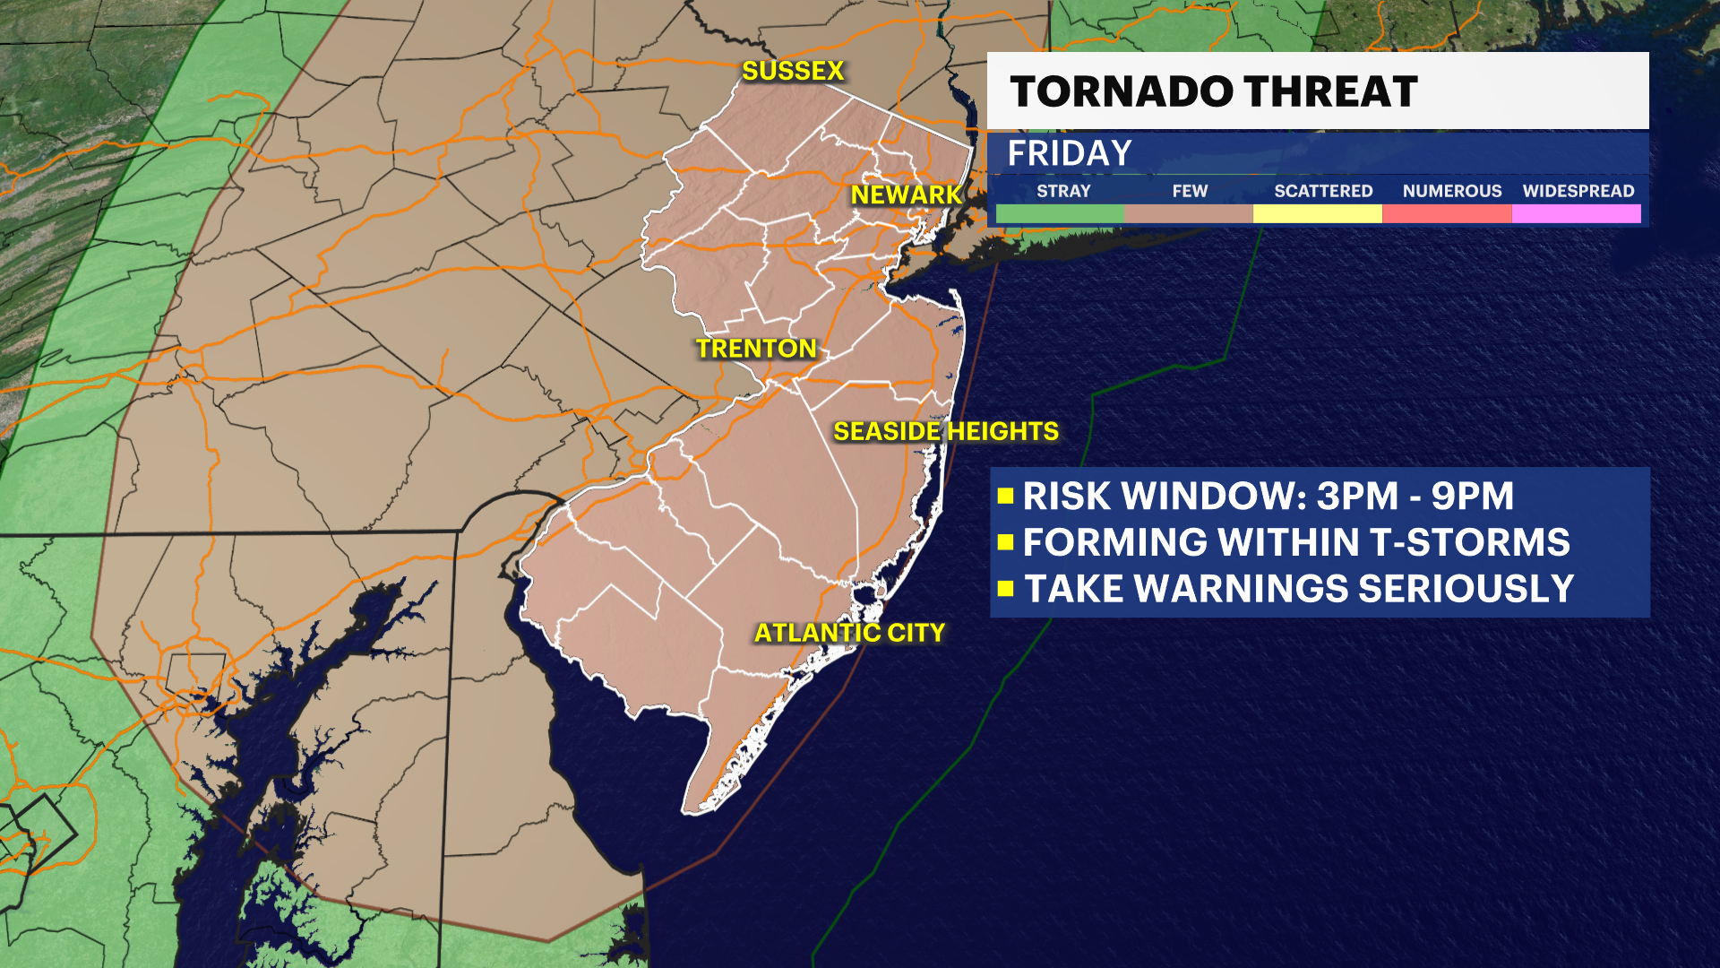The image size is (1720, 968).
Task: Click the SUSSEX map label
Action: pyautogui.click(x=793, y=71)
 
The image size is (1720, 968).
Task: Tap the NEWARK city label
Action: pyautogui.click(x=905, y=194)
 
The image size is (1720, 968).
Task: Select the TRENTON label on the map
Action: pyautogui.click(x=756, y=349)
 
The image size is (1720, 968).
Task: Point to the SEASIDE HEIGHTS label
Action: pyautogui.click(x=946, y=431)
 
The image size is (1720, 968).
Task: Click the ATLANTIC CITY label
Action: pyautogui.click(x=849, y=633)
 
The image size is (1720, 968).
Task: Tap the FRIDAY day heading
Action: pyautogui.click(x=1070, y=153)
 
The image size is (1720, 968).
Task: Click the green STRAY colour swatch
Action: pyautogui.click(x=1060, y=213)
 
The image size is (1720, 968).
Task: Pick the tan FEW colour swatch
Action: pyautogui.click(x=1189, y=213)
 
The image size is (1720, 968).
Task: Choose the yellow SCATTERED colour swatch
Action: pyautogui.click(x=1318, y=213)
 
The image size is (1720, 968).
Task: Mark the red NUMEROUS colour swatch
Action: pyautogui.click(x=1447, y=213)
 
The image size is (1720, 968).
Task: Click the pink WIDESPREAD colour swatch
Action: pyautogui.click(x=1577, y=213)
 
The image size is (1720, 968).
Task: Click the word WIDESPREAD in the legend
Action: pyautogui.click(x=1578, y=191)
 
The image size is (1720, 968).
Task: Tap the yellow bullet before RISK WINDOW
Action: pyautogui.click(x=1005, y=496)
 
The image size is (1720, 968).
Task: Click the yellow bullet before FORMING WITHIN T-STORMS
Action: pyautogui.click(x=1005, y=542)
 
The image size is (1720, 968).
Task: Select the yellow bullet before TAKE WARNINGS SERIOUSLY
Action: pyautogui.click(x=1005, y=589)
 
